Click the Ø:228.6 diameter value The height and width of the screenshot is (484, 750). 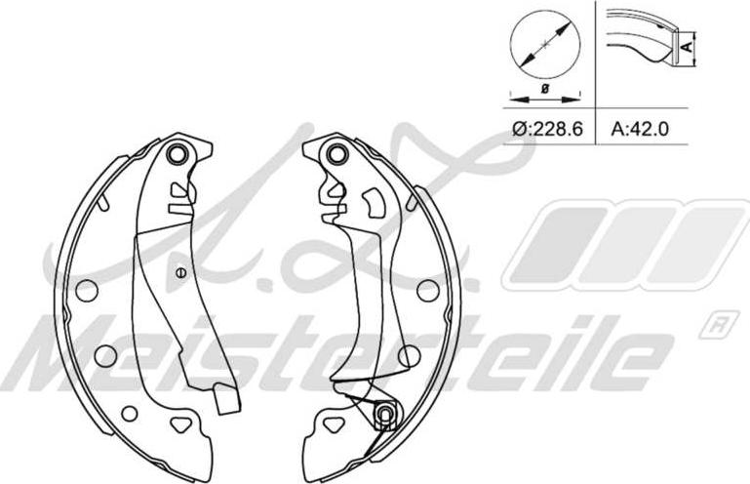[547, 128]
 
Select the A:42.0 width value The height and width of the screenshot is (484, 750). [640, 128]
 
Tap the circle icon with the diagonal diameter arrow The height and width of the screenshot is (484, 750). [545, 46]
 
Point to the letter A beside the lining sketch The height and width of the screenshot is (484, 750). [687, 47]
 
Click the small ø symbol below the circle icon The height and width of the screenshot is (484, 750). [545, 88]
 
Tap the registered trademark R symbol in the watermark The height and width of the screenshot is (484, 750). [716, 326]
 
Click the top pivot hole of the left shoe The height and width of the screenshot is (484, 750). [177, 153]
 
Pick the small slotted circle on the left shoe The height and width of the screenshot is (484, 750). [180, 272]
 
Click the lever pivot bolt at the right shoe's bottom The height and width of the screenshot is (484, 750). [384, 413]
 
